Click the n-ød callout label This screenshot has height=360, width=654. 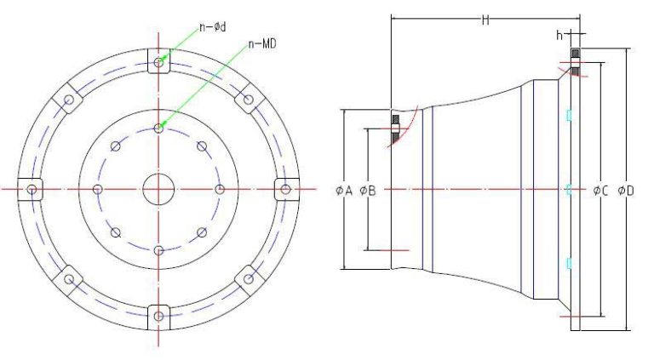(212, 27)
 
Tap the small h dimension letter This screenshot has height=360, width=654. (559, 35)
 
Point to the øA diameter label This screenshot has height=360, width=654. (344, 190)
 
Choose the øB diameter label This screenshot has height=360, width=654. (369, 190)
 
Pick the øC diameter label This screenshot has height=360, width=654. (600, 190)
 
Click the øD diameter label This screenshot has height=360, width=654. (626, 190)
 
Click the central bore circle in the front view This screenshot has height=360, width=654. (158, 188)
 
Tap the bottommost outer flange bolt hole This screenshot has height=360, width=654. (158, 316)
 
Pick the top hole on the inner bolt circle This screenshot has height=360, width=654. (158, 128)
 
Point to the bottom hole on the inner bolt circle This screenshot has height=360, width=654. (158, 249)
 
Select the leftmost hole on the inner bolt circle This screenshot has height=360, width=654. (98, 188)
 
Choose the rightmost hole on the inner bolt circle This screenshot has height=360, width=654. (220, 188)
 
